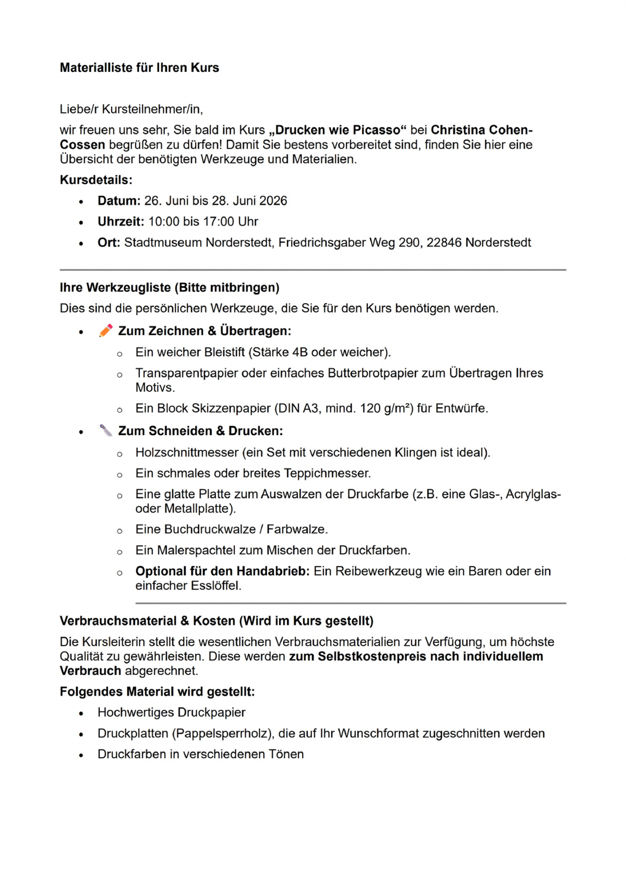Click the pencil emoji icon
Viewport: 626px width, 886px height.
point(106,330)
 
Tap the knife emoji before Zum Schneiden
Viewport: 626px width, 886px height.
point(106,430)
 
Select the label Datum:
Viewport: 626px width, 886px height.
point(119,201)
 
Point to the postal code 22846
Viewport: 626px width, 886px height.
point(444,243)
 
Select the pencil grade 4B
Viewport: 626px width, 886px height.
point(300,352)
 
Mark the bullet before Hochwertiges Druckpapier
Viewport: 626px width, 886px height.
point(81,713)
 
